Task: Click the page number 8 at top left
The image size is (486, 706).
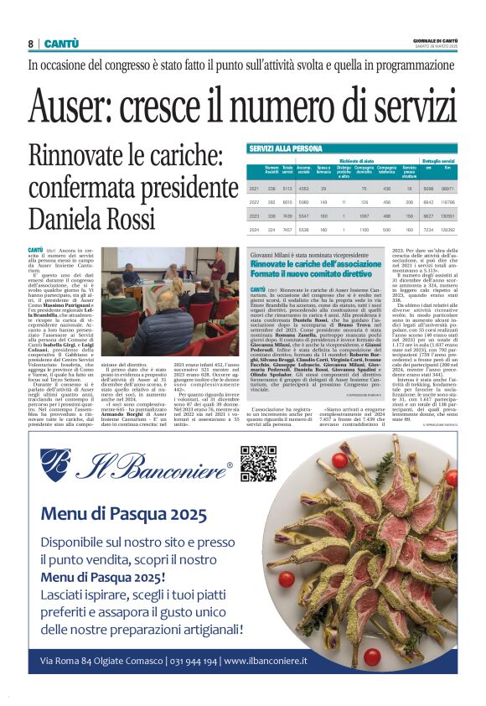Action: pyautogui.click(x=30, y=44)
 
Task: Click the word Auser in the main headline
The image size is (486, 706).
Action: pyautogui.click(x=70, y=106)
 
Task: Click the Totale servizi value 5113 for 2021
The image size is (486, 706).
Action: pyautogui.click(x=287, y=189)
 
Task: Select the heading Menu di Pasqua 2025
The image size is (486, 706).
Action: pyautogui.click(x=123, y=513)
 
